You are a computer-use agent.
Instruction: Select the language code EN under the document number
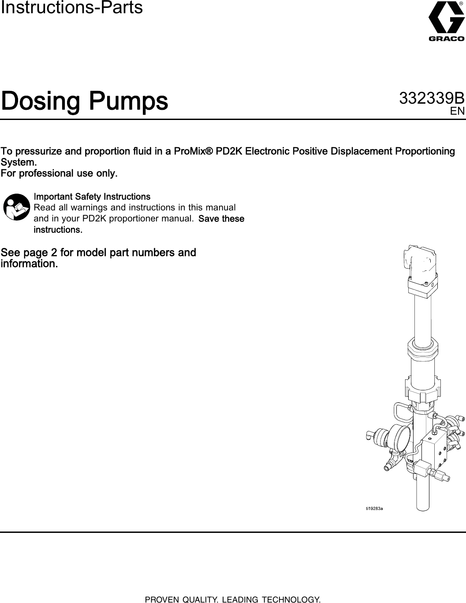coord(457,111)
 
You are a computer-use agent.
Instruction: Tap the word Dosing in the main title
coord(42,101)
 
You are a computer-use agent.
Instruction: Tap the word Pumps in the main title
coord(129,101)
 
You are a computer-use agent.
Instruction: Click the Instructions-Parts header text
coord(72,7)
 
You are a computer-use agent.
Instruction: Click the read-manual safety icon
coord(17,206)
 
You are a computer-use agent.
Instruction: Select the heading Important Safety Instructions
coord(92,196)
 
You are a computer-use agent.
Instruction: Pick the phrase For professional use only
coord(60,173)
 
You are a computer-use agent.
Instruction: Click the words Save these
coord(222,219)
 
